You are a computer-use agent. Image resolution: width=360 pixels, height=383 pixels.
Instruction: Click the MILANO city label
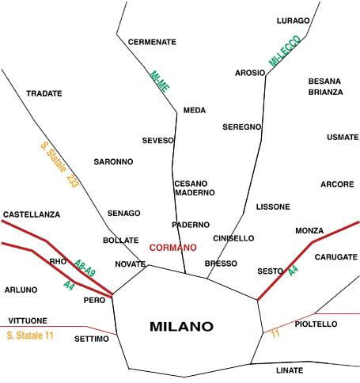(181, 327)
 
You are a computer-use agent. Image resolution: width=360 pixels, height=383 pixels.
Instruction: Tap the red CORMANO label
(173, 248)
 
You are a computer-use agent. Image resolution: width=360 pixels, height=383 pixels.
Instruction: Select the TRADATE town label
(44, 93)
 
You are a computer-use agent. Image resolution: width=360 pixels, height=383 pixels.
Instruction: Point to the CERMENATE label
(152, 42)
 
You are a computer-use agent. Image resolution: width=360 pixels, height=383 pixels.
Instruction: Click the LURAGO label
(294, 21)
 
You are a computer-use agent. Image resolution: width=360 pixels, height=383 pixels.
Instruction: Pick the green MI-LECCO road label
(285, 51)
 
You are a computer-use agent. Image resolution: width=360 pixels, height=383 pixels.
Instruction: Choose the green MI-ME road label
(160, 82)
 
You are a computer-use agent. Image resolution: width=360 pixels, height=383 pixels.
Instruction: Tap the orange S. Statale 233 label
(60, 165)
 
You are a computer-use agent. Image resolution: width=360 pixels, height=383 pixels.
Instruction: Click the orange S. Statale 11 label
(30, 336)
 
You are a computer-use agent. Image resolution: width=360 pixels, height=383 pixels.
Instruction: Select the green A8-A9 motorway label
(85, 268)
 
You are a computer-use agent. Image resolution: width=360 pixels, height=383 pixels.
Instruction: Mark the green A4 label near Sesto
(294, 271)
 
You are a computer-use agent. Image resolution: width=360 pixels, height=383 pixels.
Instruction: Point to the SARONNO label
(113, 161)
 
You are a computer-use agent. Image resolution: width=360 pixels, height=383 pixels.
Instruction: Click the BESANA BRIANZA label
(325, 87)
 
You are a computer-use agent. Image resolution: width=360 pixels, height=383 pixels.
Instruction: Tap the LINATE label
(290, 370)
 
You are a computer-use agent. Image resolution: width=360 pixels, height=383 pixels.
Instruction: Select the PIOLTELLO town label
(316, 324)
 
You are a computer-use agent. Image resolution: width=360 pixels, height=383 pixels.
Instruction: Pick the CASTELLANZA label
(32, 214)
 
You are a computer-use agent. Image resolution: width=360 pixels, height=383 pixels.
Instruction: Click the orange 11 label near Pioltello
(275, 334)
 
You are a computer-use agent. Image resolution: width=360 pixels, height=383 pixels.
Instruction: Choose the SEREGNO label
(242, 127)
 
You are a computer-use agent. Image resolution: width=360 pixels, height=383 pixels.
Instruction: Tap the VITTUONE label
(28, 320)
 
